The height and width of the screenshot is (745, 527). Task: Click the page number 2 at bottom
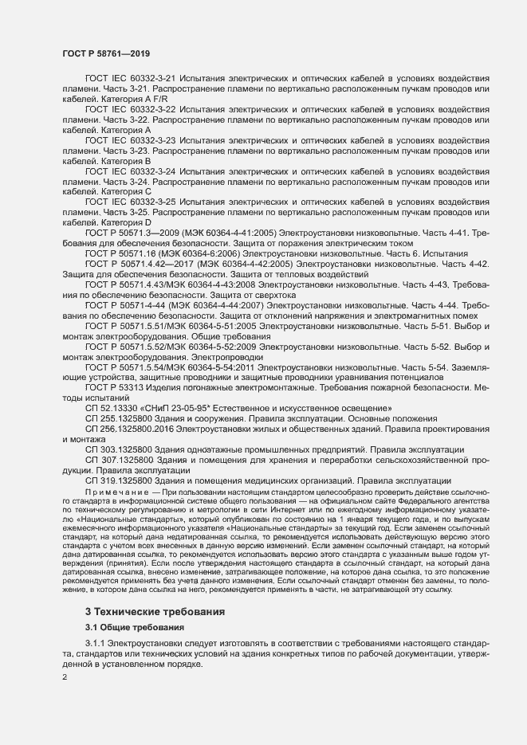(x=64, y=678)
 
